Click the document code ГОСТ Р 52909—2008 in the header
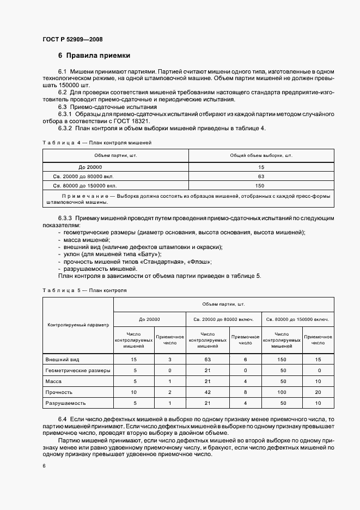[72, 39]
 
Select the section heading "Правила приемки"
[98, 56]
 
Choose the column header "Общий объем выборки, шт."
[261, 155]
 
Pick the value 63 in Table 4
[261, 176]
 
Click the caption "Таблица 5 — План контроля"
[84, 290]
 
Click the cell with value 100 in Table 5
[281, 392]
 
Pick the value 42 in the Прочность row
[207, 392]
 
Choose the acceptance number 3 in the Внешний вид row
[170, 360]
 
